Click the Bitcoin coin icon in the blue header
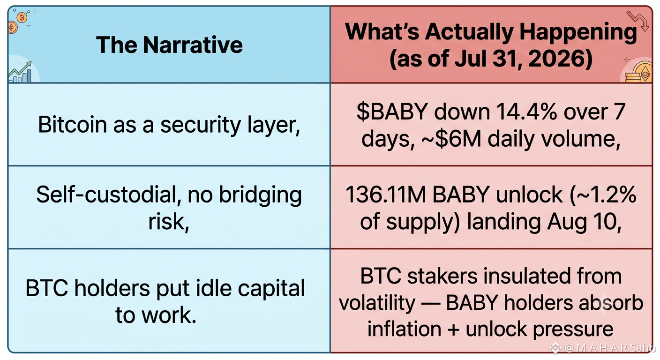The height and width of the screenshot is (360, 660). (22, 18)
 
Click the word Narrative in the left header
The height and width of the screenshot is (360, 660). (193, 45)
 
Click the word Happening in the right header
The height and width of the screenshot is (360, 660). (578, 32)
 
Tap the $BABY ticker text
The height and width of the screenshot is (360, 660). (392, 112)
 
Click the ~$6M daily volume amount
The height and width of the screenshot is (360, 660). (451, 139)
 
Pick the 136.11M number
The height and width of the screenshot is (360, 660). (385, 195)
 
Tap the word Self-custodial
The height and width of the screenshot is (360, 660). (108, 195)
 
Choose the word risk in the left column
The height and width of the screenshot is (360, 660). (167, 222)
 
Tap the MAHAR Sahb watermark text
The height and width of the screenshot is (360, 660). (610, 348)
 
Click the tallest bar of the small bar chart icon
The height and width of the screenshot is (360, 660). (29, 76)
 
